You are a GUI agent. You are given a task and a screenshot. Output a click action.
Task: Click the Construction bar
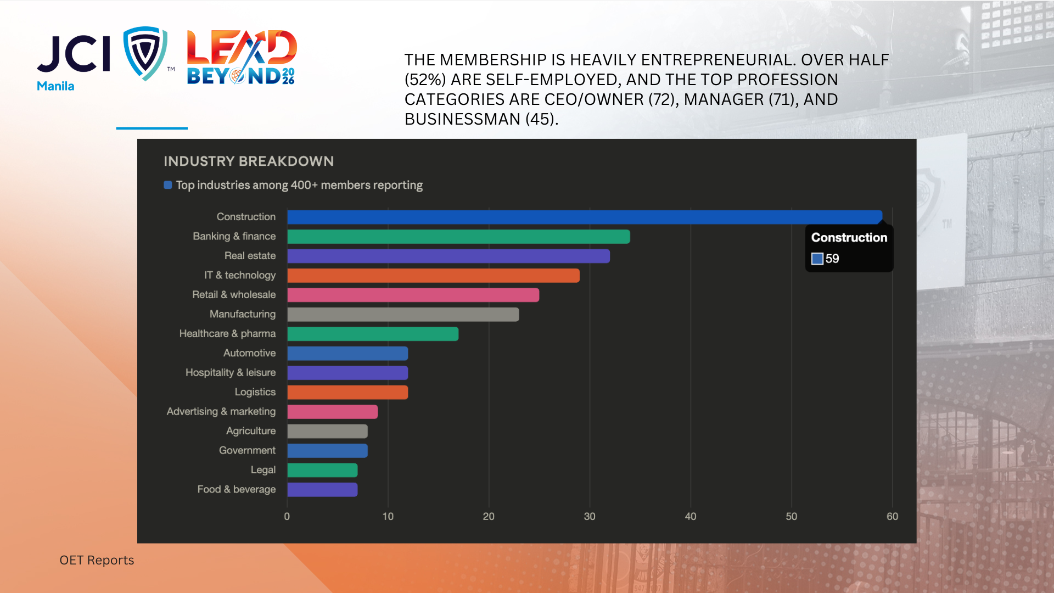[x=585, y=217]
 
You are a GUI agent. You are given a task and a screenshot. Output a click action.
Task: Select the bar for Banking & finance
[x=458, y=237]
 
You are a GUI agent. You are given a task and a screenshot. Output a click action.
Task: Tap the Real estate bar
[x=448, y=256]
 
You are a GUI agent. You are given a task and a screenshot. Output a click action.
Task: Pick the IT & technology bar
[x=433, y=276]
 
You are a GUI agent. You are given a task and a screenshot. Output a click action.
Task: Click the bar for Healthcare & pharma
[x=373, y=334]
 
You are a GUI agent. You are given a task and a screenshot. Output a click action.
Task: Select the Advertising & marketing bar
[x=332, y=412]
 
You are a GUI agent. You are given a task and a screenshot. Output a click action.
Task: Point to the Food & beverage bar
[x=322, y=490]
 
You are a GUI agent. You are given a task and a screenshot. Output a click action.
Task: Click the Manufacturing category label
[x=243, y=314]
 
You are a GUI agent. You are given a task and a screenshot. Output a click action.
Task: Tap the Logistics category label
[x=255, y=392]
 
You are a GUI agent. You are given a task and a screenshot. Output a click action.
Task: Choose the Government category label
[x=247, y=450]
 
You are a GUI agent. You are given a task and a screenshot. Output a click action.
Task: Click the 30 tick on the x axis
[x=590, y=516]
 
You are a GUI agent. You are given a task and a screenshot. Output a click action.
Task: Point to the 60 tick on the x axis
[x=892, y=516]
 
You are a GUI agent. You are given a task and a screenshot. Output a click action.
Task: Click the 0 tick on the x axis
[x=287, y=516]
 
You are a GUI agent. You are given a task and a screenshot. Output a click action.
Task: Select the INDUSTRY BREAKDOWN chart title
[x=249, y=161]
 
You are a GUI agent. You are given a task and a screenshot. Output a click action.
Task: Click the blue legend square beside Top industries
[x=168, y=185]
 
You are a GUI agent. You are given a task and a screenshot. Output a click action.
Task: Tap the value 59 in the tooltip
[x=832, y=259]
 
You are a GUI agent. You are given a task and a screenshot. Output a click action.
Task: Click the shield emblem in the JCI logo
[x=145, y=53]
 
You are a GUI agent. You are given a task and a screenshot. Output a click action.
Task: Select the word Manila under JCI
[x=55, y=86]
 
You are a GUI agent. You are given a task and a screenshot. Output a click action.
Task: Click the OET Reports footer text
[x=97, y=560]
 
